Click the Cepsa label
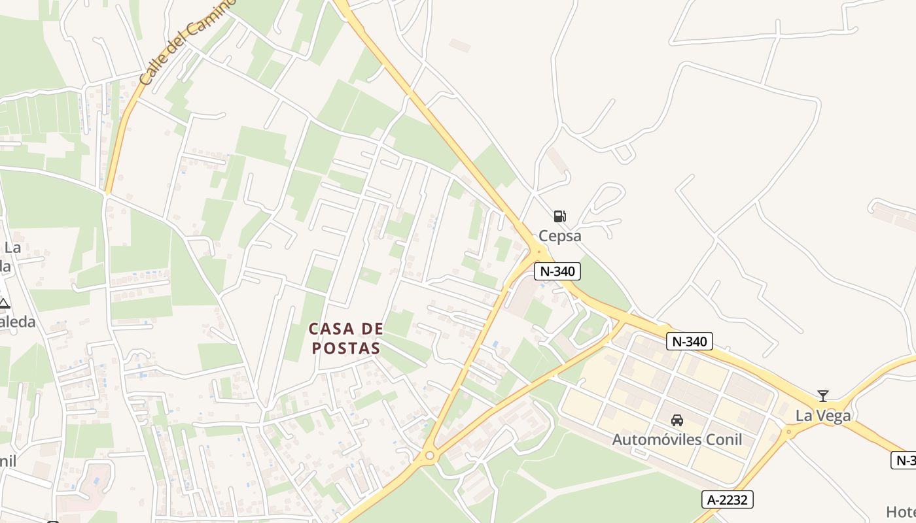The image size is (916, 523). [x=559, y=236]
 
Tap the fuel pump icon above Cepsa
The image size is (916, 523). [x=559, y=216]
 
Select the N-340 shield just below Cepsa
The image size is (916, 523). [x=557, y=271]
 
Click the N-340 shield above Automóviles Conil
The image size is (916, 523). [x=690, y=341]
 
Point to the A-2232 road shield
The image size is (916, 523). [x=728, y=500]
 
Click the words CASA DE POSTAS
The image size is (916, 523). [x=346, y=338]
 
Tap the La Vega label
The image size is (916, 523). [x=823, y=416]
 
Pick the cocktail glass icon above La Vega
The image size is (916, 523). [x=823, y=396]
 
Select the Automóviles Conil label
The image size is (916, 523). [x=677, y=439]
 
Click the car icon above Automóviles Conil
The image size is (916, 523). [x=677, y=420]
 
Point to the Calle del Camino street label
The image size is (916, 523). [x=187, y=43]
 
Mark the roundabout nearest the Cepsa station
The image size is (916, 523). [x=538, y=250]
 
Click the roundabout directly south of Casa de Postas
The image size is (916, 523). [x=429, y=455]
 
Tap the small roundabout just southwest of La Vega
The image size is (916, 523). [x=788, y=431]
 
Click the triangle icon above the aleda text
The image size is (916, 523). [x=4, y=303]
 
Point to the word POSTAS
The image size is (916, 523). [x=346, y=348]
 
